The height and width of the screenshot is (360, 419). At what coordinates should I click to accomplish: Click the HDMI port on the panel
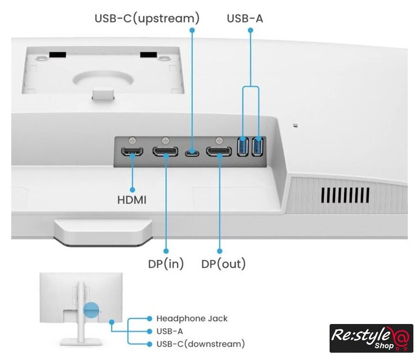(x=132, y=151)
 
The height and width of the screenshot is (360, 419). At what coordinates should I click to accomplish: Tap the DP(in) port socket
(x=165, y=151)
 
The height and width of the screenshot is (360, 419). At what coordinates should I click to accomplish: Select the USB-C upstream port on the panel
(x=192, y=153)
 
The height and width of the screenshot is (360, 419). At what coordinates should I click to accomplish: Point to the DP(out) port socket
(x=219, y=151)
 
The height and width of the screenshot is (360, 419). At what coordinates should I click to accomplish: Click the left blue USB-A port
(x=242, y=146)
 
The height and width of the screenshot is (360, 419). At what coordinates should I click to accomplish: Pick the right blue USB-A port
(x=258, y=146)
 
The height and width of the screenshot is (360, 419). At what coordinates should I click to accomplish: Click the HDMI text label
(x=132, y=200)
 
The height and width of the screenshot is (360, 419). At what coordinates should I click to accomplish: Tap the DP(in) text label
(x=166, y=264)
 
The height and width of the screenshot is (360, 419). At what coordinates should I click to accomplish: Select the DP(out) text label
(x=223, y=264)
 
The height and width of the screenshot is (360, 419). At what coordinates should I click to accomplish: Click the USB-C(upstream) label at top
(x=147, y=19)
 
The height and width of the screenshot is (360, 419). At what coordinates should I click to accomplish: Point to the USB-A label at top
(x=245, y=19)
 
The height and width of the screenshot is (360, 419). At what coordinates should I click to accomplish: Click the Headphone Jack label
(x=192, y=318)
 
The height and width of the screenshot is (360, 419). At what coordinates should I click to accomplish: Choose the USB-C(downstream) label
(x=200, y=344)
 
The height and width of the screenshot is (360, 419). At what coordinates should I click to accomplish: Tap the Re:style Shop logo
(x=371, y=338)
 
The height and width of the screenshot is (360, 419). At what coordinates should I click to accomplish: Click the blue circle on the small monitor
(x=91, y=310)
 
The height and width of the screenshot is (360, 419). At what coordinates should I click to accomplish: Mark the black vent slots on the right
(x=345, y=195)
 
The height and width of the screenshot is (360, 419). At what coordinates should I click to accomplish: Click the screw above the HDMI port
(x=132, y=140)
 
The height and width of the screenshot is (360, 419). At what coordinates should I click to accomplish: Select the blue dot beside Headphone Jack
(x=150, y=318)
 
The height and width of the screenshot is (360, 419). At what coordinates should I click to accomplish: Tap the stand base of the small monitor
(x=81, y=342)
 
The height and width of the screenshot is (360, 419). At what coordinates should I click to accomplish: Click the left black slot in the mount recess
(x=57, y=55)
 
